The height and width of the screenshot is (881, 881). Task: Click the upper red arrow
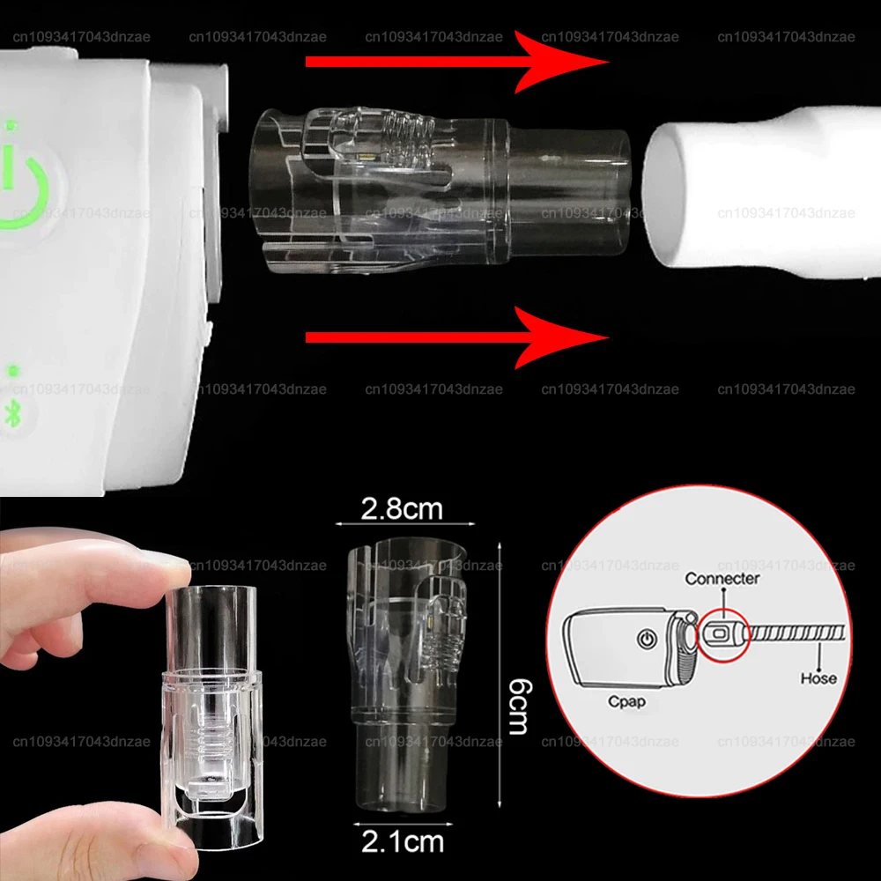click(x=458, y=62)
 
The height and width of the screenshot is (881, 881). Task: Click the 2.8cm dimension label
click(x=402, y=509)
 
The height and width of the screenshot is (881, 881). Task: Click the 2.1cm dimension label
click(x=402, y=842)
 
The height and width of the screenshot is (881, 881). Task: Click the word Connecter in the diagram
click(x=722, y=579)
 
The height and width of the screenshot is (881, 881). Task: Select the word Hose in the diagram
click(x=818, y=678)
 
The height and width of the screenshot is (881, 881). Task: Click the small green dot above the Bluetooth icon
click(x=12, y=371)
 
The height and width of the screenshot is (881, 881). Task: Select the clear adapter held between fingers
click(x=211, y=696)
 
